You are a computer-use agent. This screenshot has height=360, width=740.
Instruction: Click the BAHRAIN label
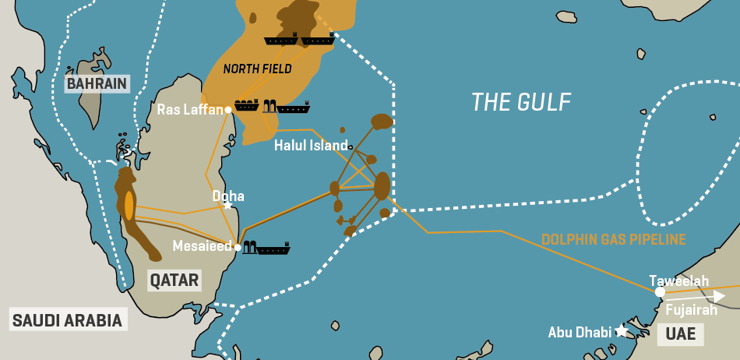[x=97, y=84]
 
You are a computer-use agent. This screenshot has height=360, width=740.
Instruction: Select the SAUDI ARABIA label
[x=67, y=319]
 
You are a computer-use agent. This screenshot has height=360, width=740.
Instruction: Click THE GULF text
[x=521, y=101]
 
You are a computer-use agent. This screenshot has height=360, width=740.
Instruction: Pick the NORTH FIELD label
[x=257, y=69]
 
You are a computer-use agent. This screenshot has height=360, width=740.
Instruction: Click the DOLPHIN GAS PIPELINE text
[x=613, y=239]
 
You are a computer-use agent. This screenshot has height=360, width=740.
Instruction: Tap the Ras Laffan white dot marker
[x=228, y=110]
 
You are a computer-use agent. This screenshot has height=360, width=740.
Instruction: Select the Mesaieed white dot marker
[x=238, y=247]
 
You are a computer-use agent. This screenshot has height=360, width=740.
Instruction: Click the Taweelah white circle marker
[x=660, y=292]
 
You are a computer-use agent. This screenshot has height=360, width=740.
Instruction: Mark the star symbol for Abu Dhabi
[x=621, y=331]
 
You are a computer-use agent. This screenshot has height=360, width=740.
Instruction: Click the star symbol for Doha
[x=227, y=205]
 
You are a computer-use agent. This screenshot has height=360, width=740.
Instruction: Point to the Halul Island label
[x=311, y=146]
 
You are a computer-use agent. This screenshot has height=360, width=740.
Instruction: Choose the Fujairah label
[x=691, y=310]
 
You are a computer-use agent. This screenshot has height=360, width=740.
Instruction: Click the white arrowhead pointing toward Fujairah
[x=720, y=296]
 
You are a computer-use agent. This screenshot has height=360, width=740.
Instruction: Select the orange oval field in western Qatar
[x=129, y=204]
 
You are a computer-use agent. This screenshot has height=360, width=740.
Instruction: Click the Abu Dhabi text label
[x=580, y=331]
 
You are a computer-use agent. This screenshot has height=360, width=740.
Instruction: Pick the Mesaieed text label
[x=203, y=247]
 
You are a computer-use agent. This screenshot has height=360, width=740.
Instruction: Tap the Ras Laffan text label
[x=190, y=110]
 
